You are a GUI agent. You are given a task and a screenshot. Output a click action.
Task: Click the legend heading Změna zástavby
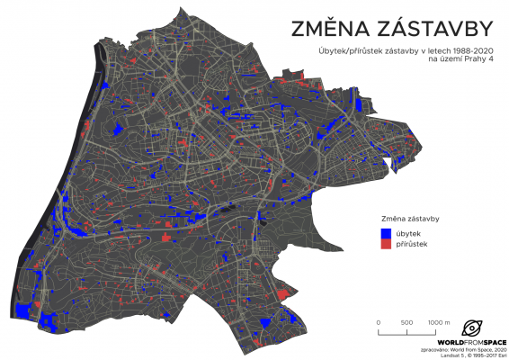pyautogui.click(x=409, y=219)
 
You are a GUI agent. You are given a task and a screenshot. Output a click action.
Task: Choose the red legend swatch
pyautogui.click(x=387, y=244)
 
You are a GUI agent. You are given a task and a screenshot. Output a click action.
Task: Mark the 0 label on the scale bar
pyautogui.click(x=379, y=322)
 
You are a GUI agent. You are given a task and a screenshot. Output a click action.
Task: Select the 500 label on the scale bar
pyautogui.click(x=408, y=322)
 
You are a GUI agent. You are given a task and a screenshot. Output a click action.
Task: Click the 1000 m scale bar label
pyautogui.click(x=438, y=322)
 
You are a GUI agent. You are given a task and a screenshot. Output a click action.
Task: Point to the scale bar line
pyautogui.click(x=408, y=331)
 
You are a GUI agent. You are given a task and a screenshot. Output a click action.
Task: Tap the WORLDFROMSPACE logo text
pyautogui.click(x=470, y=343)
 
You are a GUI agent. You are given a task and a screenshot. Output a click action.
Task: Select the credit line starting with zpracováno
pyautogui.click(x=463, y=350)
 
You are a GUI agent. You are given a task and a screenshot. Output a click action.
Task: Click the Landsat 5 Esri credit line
pyautogui.click(x=466, y=356)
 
